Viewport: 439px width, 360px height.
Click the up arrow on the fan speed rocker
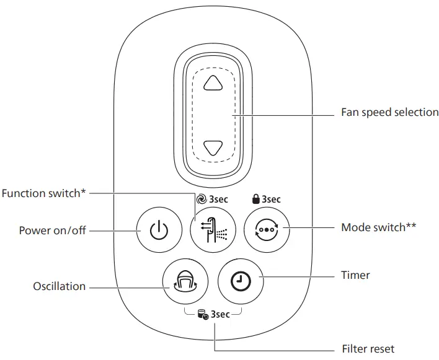pos(213,83)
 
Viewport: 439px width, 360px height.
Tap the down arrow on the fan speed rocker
pos(213,147)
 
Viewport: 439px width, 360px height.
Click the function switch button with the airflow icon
pos(212,230)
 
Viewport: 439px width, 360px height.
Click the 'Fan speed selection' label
pos(389,113)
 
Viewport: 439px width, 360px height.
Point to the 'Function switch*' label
pos(44,193)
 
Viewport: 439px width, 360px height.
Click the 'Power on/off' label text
pos(52,230)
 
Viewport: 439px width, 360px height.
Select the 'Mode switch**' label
pos(378,227)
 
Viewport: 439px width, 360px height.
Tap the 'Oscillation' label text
pos(59,287)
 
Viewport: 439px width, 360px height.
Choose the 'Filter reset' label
pos(368,349)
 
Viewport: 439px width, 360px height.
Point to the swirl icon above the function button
pos(200,200)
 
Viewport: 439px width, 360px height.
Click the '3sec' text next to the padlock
pos(271,200)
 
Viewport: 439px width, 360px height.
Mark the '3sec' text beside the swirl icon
pos(218,200)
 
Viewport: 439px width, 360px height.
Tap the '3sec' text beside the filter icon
pos(220,314)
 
